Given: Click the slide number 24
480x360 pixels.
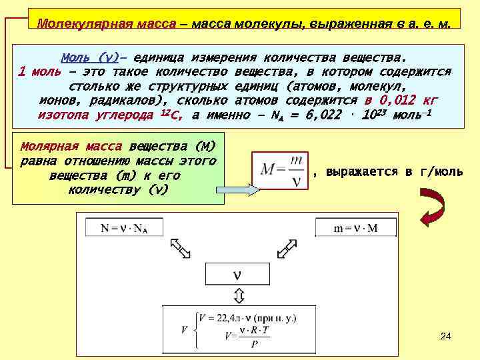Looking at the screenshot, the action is pyautogui.click(x=446, y=337).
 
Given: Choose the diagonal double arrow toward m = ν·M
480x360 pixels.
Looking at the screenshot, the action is pyautogui.click(x=287, y=248).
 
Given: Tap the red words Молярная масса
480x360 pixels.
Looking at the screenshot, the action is pyautogui.click(x=71, y=146).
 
